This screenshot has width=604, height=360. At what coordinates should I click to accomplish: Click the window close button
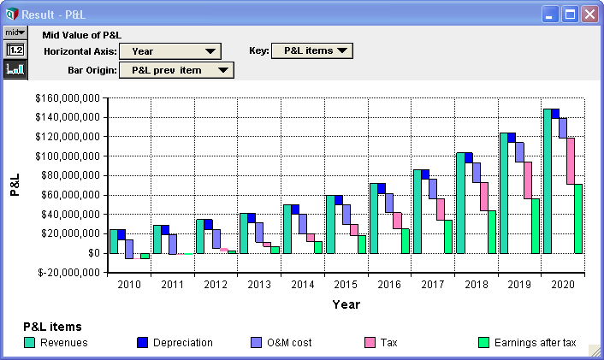click(589, 15)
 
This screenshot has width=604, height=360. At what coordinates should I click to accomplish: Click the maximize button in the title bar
click(570, 15)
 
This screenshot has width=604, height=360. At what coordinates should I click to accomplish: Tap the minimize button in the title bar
click(550, 15)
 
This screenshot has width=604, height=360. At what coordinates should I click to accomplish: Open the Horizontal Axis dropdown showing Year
click(170, 51)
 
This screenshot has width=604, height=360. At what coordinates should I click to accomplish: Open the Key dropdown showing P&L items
click(312, 50)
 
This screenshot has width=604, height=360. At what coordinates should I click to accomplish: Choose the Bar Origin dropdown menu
click(176, 70)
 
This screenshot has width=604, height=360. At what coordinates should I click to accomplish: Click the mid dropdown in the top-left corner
click(15, 32)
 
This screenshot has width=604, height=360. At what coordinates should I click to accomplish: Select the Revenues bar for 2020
click(548, 181)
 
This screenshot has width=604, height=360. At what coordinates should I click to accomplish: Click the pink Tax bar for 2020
click(571, 161)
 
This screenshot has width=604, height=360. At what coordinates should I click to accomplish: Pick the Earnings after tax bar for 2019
click(535, 226)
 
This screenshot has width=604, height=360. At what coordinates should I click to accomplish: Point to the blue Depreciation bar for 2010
click(121, 234)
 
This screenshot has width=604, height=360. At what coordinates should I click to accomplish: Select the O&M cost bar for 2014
click(303, 224)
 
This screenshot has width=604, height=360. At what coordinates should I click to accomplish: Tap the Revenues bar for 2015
click(330, 224)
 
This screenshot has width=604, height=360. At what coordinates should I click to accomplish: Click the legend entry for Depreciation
click(175, 343)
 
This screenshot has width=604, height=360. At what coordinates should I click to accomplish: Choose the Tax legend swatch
click(370, 343)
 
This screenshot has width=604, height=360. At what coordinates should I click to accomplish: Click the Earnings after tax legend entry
click(527, 343)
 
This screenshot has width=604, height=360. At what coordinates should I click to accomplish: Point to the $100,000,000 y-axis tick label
click(68, 156)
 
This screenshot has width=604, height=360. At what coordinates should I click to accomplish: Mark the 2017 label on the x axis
click(433, 285)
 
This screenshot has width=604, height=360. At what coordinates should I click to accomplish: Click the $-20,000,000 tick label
click(69, 273)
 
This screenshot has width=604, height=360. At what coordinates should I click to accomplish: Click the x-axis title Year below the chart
click(346, 304)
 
